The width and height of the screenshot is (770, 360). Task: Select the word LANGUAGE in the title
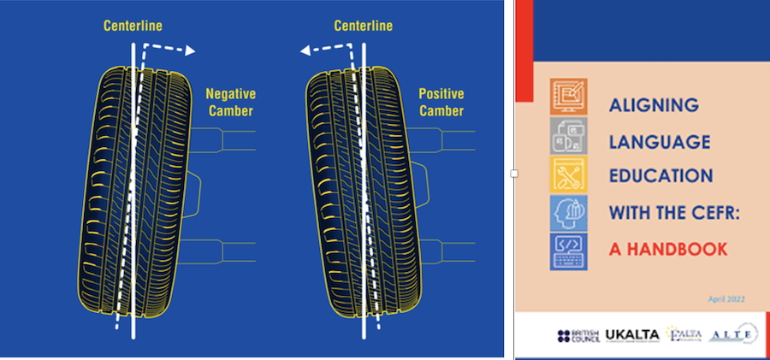tap(658, 140)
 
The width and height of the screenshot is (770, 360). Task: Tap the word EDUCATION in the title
tap(660, 176)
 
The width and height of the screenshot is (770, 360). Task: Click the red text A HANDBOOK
tap(668, 249)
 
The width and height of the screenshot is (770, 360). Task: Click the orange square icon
tap(568, 97)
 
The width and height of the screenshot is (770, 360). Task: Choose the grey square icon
tap(568, 135)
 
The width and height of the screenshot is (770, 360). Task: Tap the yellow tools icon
tap(568, 174)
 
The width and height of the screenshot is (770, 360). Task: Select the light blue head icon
tap(568, 212)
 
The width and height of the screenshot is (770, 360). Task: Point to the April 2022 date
tap(726, 298)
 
